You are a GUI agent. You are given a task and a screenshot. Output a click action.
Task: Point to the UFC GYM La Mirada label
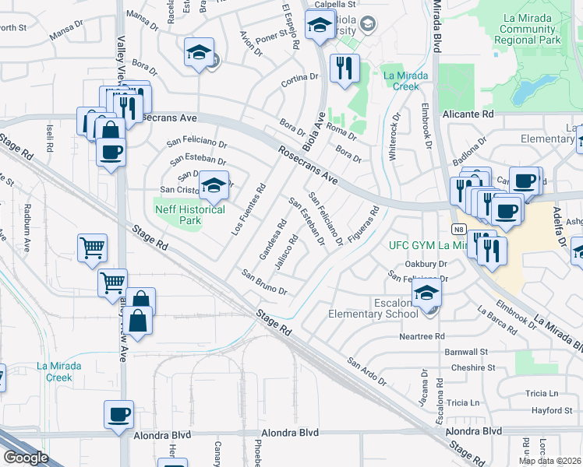coord(430,245)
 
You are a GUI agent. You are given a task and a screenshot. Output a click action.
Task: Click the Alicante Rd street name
coord(468,114)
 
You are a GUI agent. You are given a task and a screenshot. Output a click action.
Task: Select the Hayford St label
coord(552,410)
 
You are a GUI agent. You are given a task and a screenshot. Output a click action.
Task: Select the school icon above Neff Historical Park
coord(213,185)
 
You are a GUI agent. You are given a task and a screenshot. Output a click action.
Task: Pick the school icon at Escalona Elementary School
coord(427,293)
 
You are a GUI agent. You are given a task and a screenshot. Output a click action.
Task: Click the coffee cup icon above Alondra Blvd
coord(119,414)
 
